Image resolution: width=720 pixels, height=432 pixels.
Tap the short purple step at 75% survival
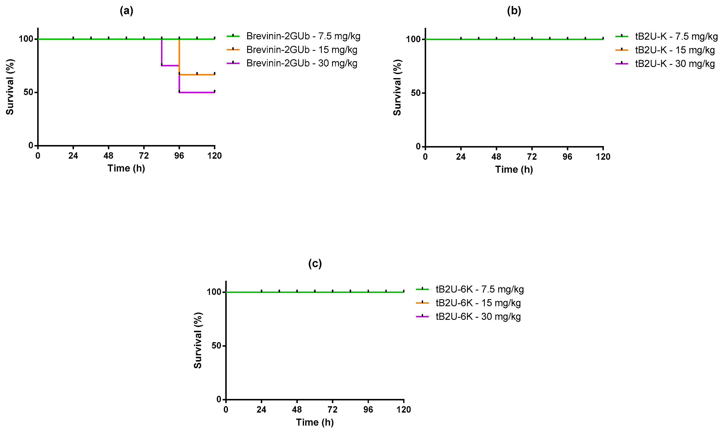[x=170, y=65]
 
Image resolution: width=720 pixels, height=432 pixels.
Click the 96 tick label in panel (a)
[x=179, y=156]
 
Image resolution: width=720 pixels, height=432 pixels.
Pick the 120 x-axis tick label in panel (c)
[x=404, y=410]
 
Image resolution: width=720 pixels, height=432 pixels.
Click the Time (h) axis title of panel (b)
[x=514, y=169]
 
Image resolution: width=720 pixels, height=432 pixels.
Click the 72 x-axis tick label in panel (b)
[x=532, y=157]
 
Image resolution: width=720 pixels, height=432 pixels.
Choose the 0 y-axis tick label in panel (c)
[x=219, y=399]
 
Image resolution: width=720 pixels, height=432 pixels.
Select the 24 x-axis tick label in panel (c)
[x=261, y=410]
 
